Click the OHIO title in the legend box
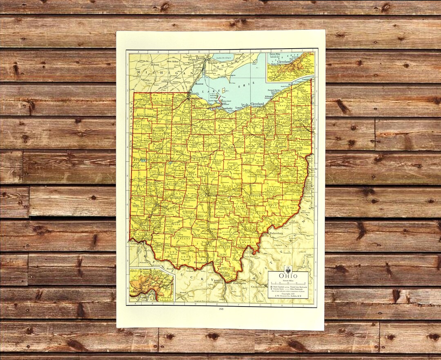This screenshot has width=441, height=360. click(288, 276)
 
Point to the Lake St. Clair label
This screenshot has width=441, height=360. click(221, 58)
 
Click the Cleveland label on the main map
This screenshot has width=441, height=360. click(257, 104)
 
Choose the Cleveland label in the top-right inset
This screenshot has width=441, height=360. click(284, 62)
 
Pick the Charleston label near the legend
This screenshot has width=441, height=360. click(258, 287)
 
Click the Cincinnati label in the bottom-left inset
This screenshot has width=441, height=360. click(137, 291)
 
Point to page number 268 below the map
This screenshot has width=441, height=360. click(220, 309)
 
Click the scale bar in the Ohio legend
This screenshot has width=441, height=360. click(288, 283)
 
